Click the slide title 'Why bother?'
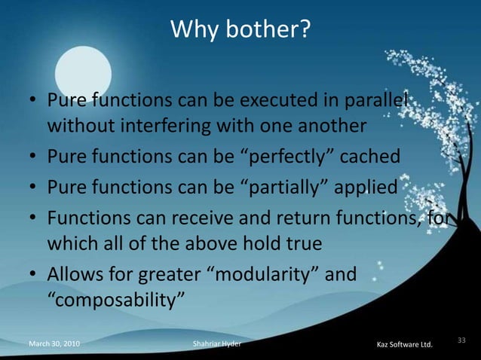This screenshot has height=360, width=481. point(240,29)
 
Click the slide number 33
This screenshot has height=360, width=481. point(461,341)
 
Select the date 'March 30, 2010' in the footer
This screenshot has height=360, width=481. point(54,345)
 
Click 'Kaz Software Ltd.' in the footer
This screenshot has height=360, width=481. point(404,345)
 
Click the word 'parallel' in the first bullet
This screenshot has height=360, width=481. point(376,100)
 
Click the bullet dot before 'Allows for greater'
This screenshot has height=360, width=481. point(33,275)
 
